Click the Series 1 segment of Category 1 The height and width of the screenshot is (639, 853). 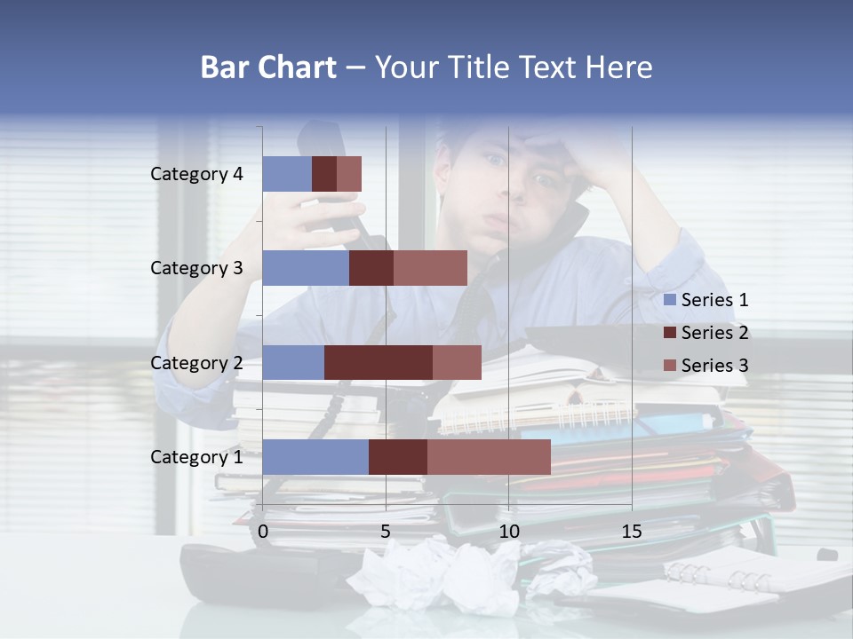(315, 457)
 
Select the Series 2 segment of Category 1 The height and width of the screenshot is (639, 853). (398, 457)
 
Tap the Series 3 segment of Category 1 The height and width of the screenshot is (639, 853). (489, 457)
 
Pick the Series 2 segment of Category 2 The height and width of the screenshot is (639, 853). (379, 362)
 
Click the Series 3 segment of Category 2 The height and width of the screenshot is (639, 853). (457, 362)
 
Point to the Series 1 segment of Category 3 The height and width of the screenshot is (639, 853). (306, 268)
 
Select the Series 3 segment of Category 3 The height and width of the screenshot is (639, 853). (430, 268)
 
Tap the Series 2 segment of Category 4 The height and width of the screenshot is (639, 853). (324, 174)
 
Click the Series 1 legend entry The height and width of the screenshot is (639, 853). (706, 300)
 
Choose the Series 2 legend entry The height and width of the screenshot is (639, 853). (706, 333)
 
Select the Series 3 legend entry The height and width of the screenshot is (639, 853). (706, 365)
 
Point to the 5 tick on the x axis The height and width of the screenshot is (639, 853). (386, 532)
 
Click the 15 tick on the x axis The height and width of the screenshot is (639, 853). (632, 532)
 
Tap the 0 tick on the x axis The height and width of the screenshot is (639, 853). (263, 532)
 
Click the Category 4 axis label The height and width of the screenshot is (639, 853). (196, 174)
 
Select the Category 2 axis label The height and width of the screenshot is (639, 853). (196, 362)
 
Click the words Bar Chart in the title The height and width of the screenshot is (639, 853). (268, 67)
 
